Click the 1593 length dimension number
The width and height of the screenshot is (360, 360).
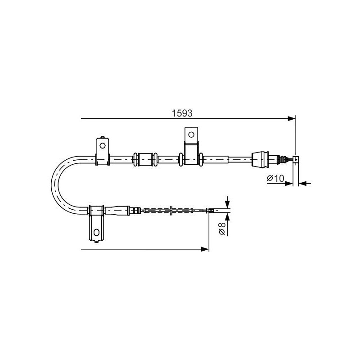tap(182, 113)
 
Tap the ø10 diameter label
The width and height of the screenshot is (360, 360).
tap(275, 178)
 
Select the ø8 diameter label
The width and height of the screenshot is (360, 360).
tap(222, 229)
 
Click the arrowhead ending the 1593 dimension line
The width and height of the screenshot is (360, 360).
tap(292, 119)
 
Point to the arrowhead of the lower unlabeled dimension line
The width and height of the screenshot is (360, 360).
tap(205, 249)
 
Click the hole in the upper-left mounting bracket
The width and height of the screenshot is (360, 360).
tap(103, 145)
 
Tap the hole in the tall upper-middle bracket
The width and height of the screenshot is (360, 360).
tap(191, 135)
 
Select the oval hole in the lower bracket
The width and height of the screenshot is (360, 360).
tap(96, 232)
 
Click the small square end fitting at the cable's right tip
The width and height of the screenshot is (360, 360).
tap(296, 159)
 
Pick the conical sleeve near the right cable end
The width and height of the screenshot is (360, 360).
tap(260, 159)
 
